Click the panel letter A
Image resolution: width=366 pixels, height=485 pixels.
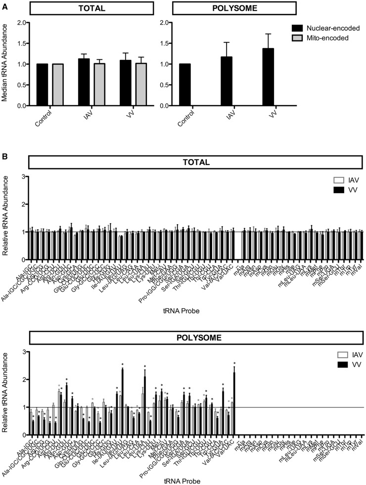(4, 4)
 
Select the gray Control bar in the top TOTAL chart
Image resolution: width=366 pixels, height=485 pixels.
(58, 84)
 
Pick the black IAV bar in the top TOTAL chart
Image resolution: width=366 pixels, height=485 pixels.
(84, 82)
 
